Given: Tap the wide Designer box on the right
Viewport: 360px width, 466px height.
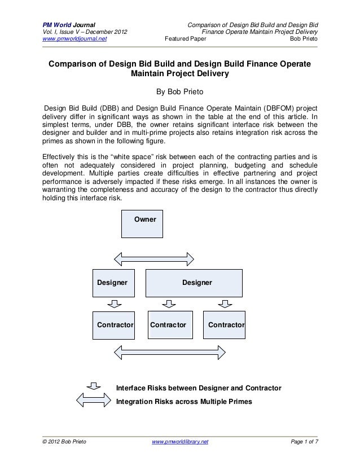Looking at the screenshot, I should click(x=195, y=283).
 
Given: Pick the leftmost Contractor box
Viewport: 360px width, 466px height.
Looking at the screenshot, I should click(x=114, y=326).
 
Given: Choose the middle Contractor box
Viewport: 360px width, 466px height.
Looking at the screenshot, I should click(x=168, y=326).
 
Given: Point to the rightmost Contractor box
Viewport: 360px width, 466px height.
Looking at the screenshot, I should click(x=224, y=326).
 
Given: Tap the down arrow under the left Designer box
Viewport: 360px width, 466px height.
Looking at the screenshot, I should click(x=114, y=304).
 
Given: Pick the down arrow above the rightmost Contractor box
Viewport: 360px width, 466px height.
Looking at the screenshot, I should click(x=225, y=304).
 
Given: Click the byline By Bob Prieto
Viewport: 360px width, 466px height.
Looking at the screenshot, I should click(x=180, y=90).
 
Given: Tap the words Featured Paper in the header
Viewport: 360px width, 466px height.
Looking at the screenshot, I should click(x=185, y=39).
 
